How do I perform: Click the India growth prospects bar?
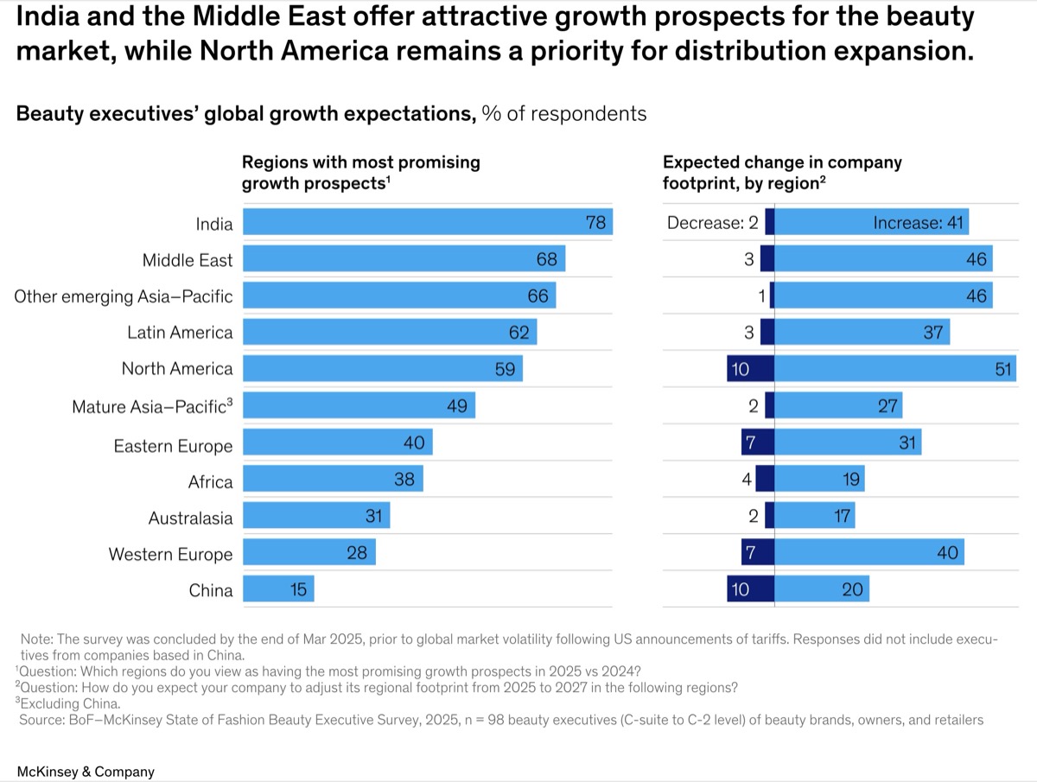(427, 222)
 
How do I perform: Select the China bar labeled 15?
(278, 589)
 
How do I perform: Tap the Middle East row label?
(188, 259)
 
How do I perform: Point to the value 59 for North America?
(505, 369)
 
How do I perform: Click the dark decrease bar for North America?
(750, 369)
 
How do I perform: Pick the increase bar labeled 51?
(894, 369)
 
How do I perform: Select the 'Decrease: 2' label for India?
(712, 223)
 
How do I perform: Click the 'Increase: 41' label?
(918, 223)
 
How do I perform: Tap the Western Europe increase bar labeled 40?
(868, 552)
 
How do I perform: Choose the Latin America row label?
(180, 333)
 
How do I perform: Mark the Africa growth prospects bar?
(333, 479)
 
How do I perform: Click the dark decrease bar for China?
(750, 589)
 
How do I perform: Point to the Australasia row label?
(190, 518)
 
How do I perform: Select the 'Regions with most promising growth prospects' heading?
(360, 172)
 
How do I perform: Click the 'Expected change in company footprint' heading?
(782, 172)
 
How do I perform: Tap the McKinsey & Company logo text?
(86, 772)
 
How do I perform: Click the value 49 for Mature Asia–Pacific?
(457, 405)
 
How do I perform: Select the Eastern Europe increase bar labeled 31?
(847, 442)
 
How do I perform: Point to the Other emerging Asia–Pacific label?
(124, 296)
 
